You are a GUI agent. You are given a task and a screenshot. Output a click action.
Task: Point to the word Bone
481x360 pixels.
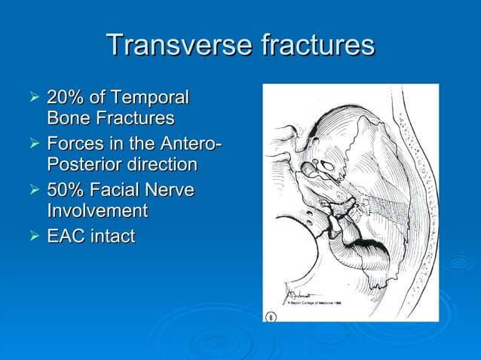(66, 119)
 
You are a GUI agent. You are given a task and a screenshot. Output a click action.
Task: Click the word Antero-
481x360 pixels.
(190, 143)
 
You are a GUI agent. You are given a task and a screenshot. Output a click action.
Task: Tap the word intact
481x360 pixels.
(113, 236)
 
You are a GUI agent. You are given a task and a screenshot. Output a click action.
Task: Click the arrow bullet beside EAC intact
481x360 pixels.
(32, 236)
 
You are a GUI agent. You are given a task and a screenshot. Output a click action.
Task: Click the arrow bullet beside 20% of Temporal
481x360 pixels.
(32, 97)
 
